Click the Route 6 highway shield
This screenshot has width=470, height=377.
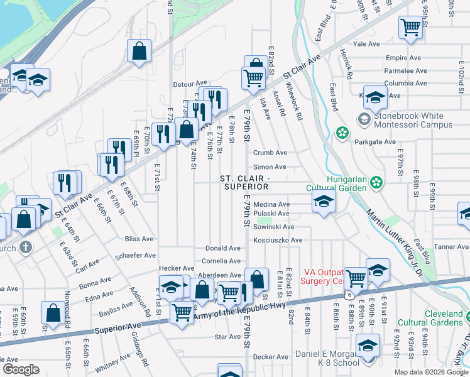pyautogui.click(x=347, y=294)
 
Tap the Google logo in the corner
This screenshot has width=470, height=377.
pyautogui.click(x=20, y=369)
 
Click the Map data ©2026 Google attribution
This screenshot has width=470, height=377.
pyautogui.click(x=430, y=372)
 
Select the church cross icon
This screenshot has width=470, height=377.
pyautogui.click(x=25, y=247)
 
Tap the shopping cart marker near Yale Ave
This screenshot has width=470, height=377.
pyautogui.click(x=410, y=27)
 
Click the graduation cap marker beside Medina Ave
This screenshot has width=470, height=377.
pyautogui.click(x=323, y=202)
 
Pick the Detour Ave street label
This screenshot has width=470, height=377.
pyautogui.click(x=190, y=84)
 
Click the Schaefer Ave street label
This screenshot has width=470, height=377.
pyautogui.click(x=135, y=256)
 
